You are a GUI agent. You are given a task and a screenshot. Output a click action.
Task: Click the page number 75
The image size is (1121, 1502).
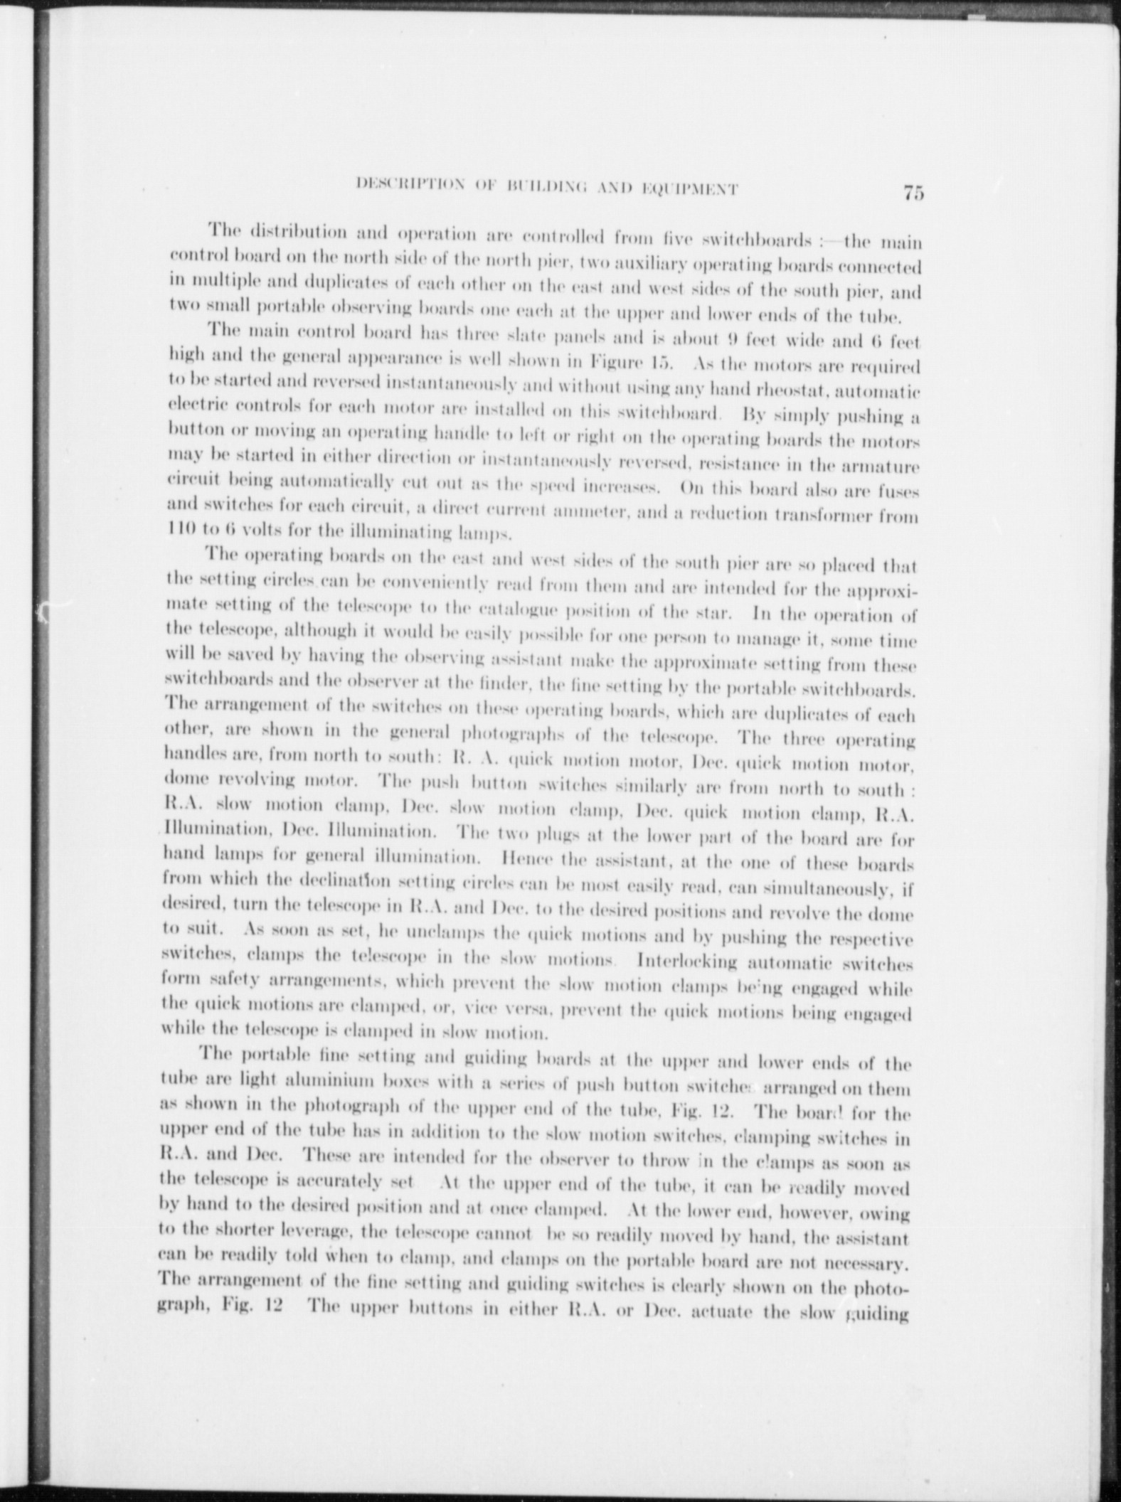tap(913, 193)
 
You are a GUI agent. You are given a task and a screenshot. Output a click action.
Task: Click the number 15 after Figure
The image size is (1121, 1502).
tap(661, 367)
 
